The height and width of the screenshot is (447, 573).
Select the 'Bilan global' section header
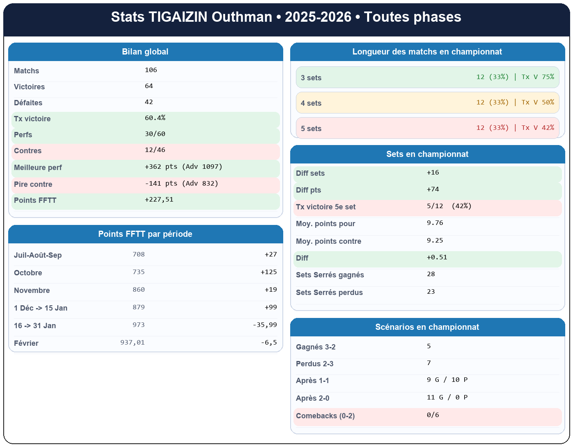pos(145,52)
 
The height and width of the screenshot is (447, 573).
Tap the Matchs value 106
pos(151,70)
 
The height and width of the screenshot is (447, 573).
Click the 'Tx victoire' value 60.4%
pos(155,118)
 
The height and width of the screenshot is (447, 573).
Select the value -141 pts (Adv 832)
pos(181,184)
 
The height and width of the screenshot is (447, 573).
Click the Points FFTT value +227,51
pos(159,200)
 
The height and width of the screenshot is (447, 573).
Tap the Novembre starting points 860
pos(139,290)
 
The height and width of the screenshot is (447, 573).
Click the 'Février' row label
pos(26,343)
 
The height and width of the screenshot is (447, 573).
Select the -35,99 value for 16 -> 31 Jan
pos(265,325)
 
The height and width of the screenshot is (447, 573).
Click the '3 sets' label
pos(311,78)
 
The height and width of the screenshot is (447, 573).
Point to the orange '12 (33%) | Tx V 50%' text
pos(515,102)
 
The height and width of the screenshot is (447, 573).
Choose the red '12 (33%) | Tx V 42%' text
pos(515,128)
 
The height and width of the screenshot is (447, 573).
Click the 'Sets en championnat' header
pos(427,154)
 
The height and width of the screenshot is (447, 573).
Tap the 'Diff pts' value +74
pos(433,189)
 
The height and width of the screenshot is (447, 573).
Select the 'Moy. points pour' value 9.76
pos(435,223)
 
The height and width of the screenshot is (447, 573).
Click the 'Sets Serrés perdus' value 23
pos(431,292)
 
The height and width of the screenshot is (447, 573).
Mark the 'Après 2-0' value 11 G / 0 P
pos(447,397)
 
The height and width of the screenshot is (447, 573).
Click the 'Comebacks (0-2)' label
pos(325,416)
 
